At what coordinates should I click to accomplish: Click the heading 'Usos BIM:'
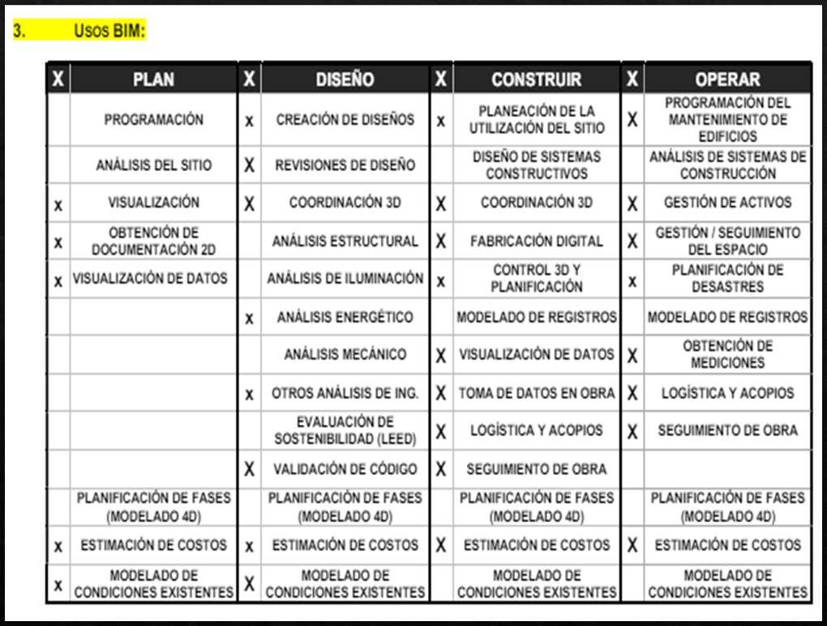coord(109,32)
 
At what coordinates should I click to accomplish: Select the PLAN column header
coord(153,79)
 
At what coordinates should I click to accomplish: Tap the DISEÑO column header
coord(345,79)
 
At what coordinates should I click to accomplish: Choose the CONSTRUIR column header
coord(536,79)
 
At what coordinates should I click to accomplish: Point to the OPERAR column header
coord(727,79)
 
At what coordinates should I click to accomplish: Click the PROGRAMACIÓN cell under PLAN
coord(153,119)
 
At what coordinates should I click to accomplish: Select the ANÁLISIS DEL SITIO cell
coord(153,165)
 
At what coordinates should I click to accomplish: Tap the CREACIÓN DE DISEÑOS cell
coord(345,119)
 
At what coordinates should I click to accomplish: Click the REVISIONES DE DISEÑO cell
coord(345,165)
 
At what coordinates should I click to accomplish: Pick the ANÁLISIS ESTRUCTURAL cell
coord(345,241)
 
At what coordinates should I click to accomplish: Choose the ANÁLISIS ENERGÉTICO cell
coord(345,317)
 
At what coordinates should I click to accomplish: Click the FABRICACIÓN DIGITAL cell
coord(536,241)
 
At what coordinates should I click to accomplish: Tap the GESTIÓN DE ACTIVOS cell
coord(727,202)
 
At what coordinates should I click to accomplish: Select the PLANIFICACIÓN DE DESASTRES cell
coord(727,278)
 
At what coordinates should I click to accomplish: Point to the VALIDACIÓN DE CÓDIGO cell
coord(345,469)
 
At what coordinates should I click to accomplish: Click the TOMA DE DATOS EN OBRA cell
coord(536,393)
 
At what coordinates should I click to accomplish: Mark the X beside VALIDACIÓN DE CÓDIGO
coord(250,469)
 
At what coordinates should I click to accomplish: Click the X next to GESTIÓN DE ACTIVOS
coord(632,203)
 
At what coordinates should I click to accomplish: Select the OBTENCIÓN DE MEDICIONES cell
coord(727,354)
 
